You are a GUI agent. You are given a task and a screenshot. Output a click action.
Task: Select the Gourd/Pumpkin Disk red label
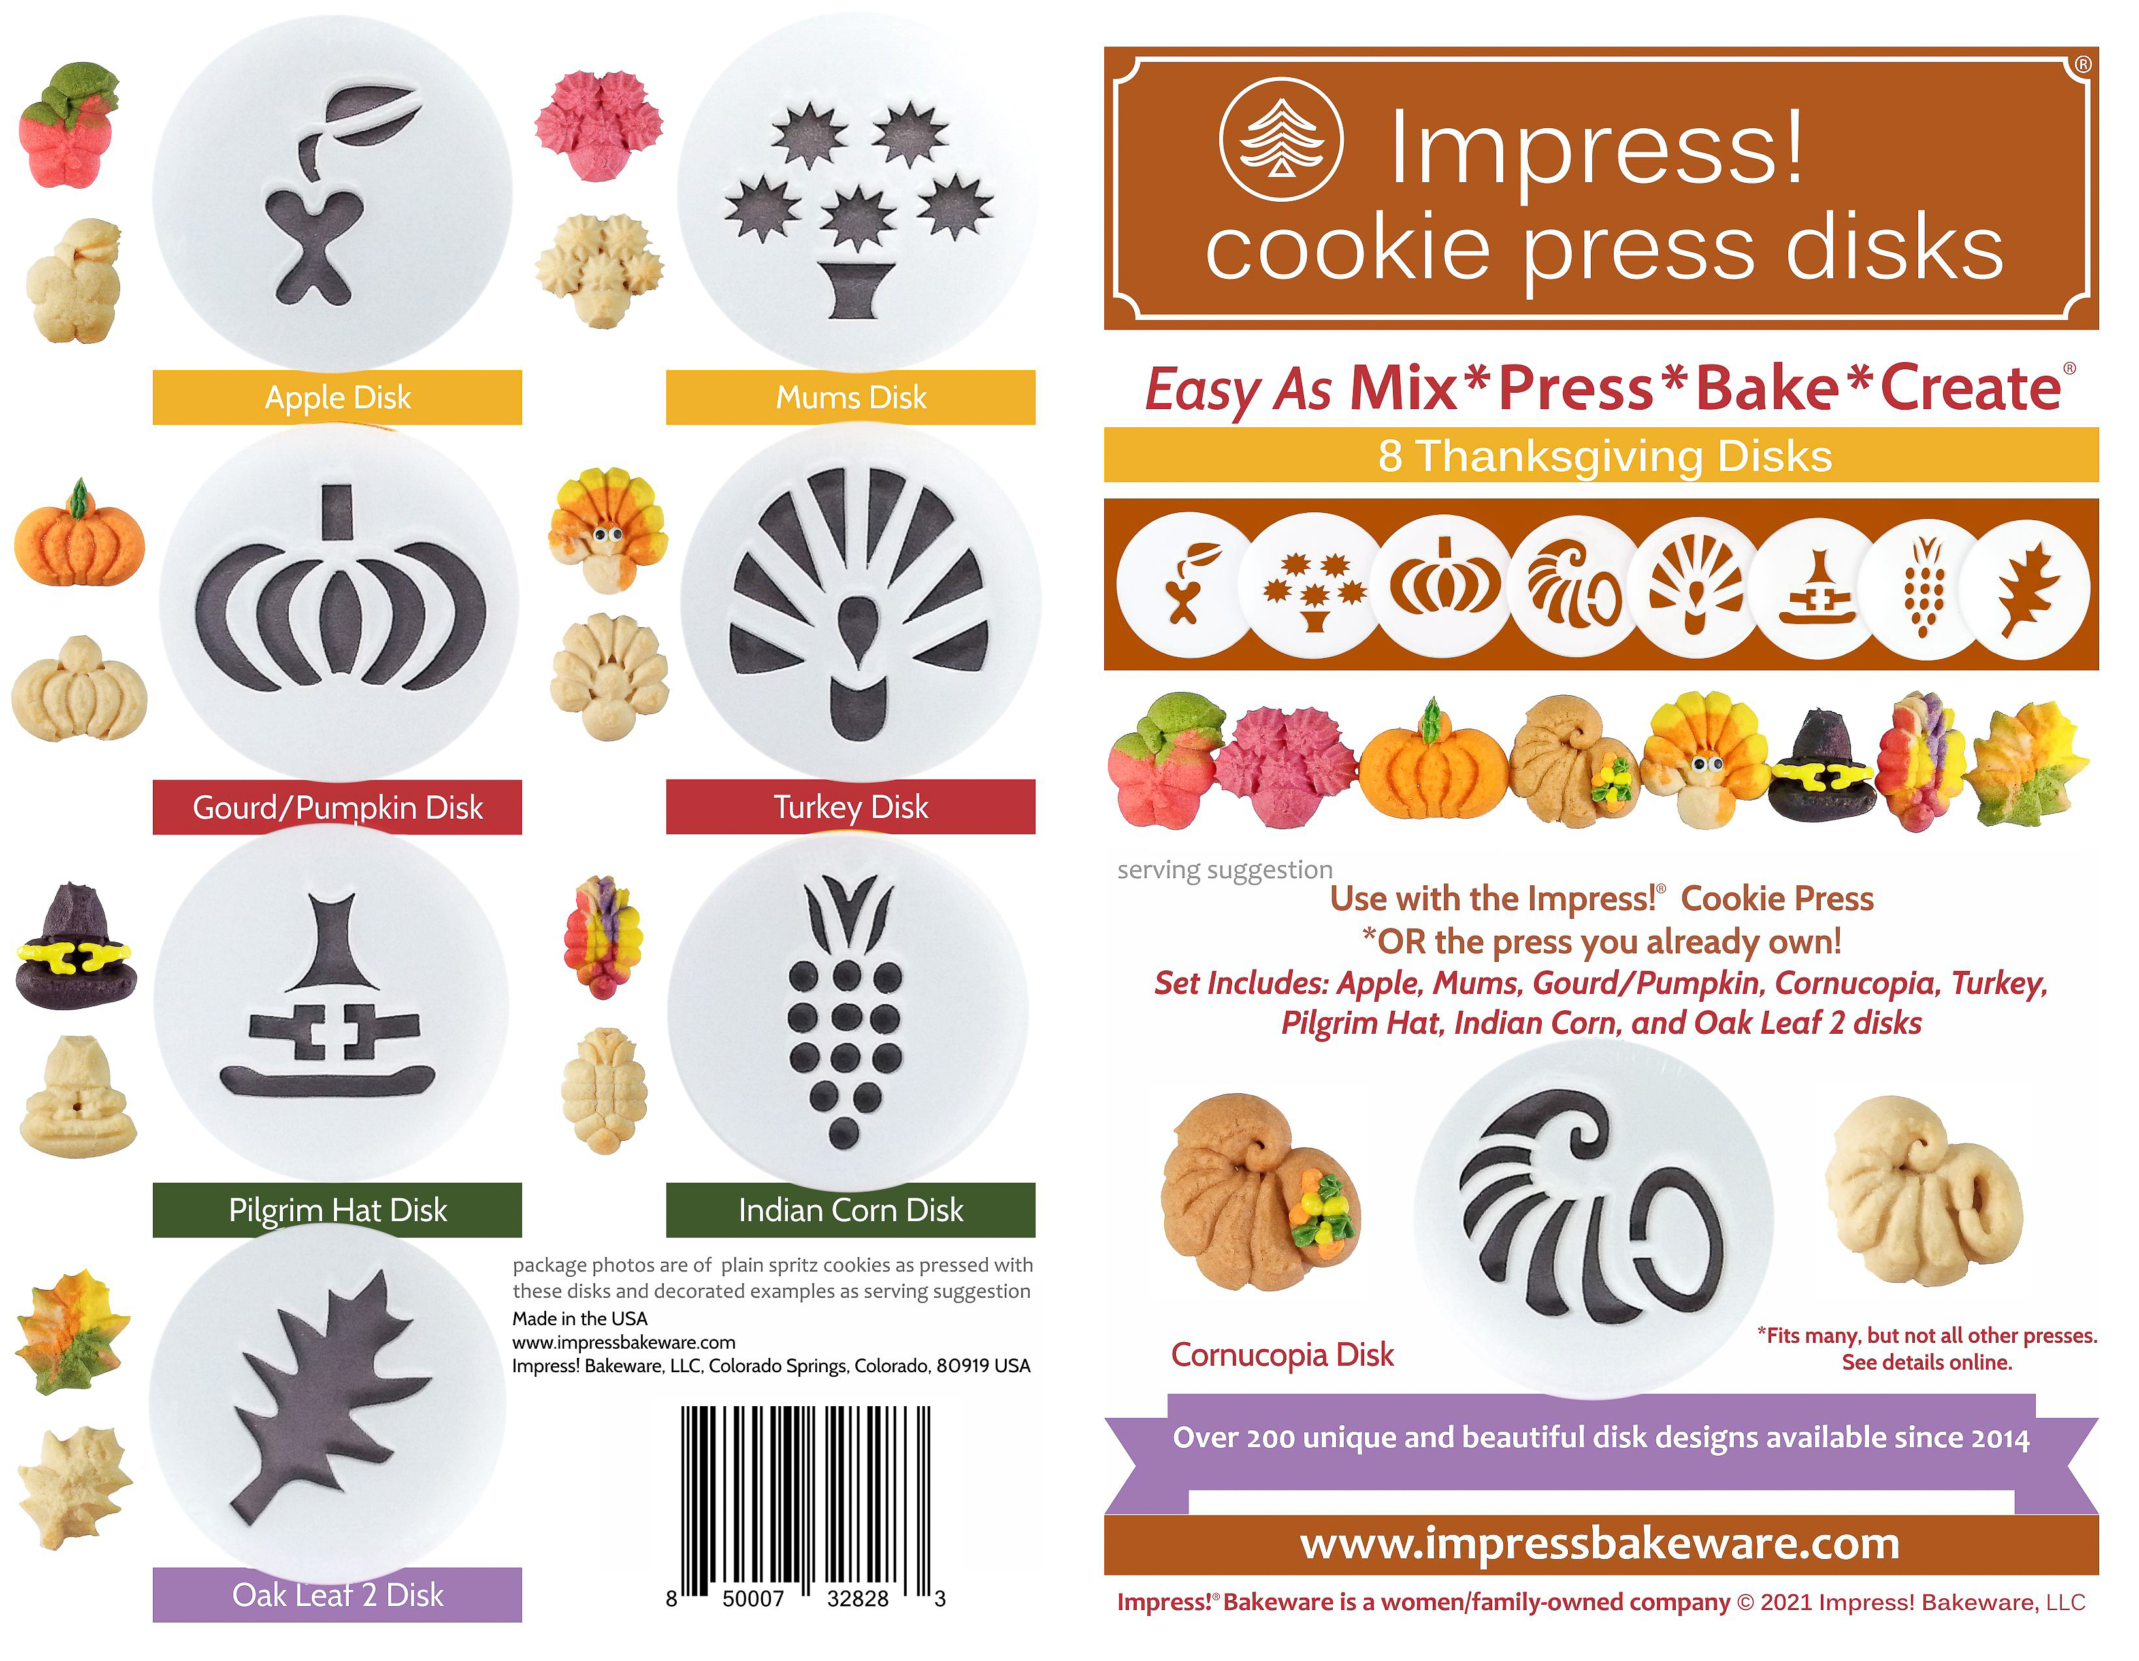coord(337,807)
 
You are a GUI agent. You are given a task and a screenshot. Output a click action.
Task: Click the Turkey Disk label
coord(850,807)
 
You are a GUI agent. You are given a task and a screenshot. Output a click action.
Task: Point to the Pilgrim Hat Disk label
coord(337,1209)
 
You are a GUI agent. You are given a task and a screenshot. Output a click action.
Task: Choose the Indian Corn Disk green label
coord(850,1209)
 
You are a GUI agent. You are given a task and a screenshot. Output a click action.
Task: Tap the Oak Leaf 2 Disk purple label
coord(337,1594)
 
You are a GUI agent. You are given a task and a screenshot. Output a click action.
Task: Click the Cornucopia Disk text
coord(1282,1355)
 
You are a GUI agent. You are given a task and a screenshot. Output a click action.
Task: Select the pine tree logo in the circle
coord(1281,140)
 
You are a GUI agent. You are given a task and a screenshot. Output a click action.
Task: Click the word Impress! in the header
coord(1597,147)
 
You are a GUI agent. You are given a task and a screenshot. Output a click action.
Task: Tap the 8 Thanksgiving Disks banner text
coord(1605,456)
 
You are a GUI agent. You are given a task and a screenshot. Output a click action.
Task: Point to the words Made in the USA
coord(580,1318)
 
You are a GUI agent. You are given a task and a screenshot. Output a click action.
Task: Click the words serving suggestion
coord(1225,870)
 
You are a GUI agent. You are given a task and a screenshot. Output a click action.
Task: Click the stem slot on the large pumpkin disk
coord(338,511)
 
